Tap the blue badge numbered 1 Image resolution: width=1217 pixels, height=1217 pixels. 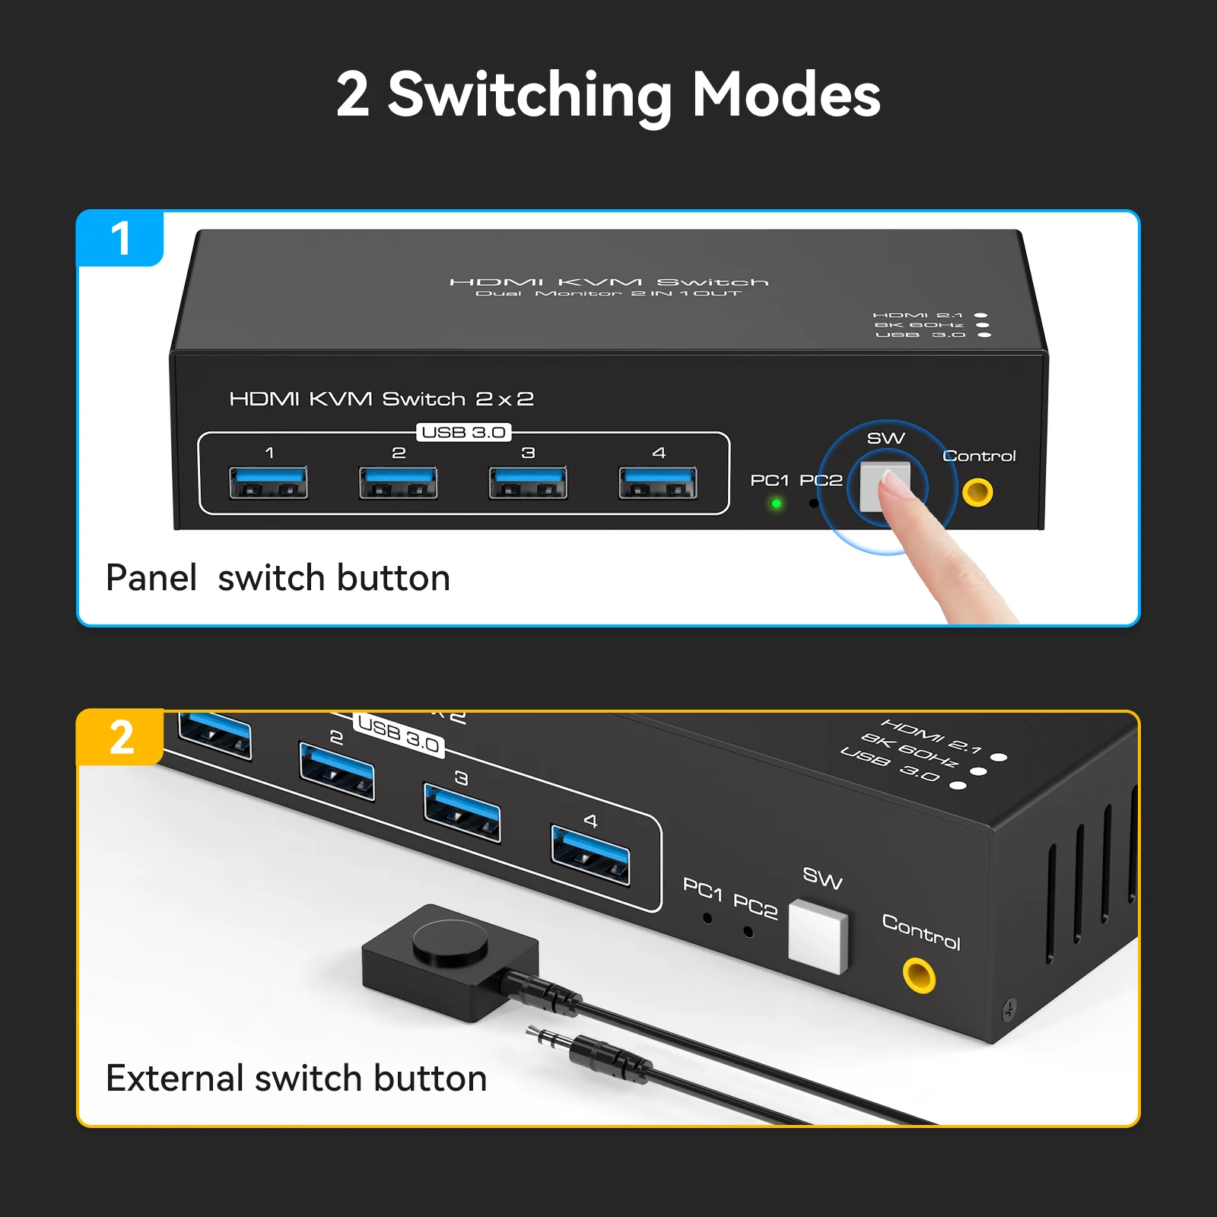coord(120,239)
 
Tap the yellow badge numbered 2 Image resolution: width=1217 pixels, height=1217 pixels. coord(121,738)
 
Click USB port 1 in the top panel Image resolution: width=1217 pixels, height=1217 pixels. coord(269,483)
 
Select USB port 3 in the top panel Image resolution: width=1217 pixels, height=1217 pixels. coord(528,483)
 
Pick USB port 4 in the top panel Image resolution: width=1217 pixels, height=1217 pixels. coord(658,483)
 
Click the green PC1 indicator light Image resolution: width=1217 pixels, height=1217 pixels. coord(776,504)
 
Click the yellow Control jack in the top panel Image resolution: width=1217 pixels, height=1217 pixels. coord(977,492)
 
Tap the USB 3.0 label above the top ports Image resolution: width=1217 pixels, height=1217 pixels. coord(464,432)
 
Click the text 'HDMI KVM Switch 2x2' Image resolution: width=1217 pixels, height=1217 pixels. coord(381,399)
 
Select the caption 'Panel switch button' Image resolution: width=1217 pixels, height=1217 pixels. coord(278,577)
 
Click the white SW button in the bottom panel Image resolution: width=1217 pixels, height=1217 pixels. coord(818,936)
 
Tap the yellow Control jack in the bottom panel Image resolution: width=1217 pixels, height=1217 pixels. coord(919,974)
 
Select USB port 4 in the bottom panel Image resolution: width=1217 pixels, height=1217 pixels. coord(590,855)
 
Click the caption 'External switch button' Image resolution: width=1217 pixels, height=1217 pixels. coord(296,1078)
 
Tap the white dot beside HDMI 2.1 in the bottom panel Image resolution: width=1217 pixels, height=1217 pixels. coord(999,757)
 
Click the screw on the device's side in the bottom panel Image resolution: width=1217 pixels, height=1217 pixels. coord(1009,1009)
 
